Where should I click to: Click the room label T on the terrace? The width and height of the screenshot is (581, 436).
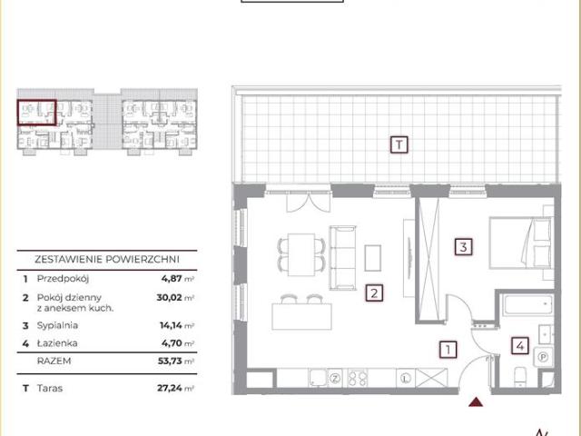[x=399, y=144]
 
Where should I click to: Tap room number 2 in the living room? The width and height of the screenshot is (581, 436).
[x=374, y=293]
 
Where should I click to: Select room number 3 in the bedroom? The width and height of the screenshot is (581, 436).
[x=464, y=246]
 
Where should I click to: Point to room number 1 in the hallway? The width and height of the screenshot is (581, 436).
[x=448, y=350]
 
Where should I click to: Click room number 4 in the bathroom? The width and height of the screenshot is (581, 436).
[x=520, y=346]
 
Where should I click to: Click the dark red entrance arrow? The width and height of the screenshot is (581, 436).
[x=476, y=401]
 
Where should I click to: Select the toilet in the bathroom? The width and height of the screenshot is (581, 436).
[x=520, y=377]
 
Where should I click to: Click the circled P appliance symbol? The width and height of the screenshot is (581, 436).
[x=543, y=357]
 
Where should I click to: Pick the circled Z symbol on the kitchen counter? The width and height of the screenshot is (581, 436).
[x=336, y=379]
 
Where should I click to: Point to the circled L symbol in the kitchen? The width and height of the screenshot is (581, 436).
[x=406, y=379]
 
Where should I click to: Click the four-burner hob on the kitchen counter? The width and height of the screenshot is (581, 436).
[x=358, y=379]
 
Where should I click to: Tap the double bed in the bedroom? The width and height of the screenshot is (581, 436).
[x=521, y=243]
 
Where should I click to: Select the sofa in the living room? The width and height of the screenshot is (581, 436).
[x=343, y=258]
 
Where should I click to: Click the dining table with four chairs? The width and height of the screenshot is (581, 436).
[x=301, y=254]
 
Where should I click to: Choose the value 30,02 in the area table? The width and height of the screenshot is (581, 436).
[x=170, y=297]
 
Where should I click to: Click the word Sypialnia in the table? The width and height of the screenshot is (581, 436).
[x=57, y=325]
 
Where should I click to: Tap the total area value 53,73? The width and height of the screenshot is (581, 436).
[x=171, y=361]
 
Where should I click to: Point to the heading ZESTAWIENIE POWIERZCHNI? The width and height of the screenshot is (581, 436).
[x=107, y=259]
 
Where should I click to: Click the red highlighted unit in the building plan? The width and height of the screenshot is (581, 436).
[x=36, y=113]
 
